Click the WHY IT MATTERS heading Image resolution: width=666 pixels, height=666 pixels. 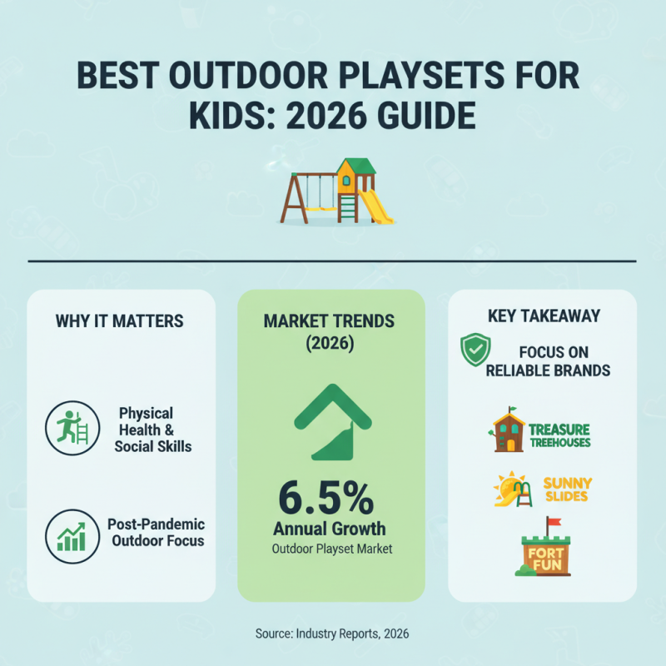(x=119, y=321)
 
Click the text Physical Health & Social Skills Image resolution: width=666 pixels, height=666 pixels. (x=154, y=430)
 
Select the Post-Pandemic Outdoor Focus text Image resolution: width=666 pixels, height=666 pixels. (x=156, y=533)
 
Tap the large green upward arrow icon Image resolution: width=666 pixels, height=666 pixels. (x=331, y=420)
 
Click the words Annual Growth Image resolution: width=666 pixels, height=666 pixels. (x=331, y=529)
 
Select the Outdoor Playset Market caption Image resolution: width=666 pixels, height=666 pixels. (x=331, y=549)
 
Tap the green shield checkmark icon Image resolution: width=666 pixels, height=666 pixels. (x=475, y=350)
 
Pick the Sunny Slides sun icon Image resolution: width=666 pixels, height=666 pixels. (x=506, y=489)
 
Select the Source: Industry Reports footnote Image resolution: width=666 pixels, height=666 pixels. (x=332, y=634)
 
